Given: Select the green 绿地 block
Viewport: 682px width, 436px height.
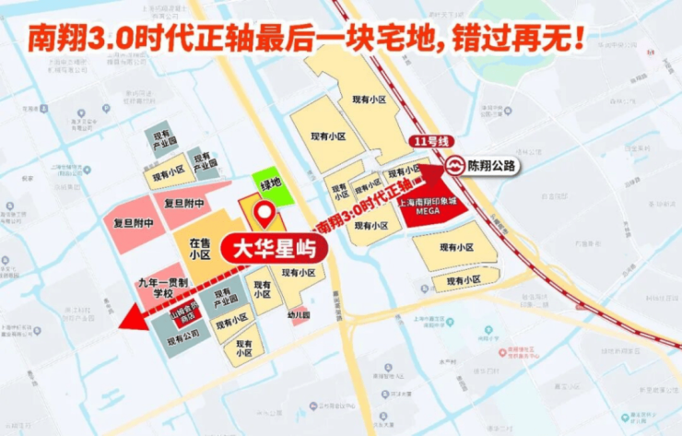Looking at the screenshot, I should click(x=272, y=184).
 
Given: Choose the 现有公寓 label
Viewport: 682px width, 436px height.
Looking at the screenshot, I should click(x=182, y=339).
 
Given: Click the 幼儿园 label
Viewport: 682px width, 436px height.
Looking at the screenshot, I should click(x=298, y=313).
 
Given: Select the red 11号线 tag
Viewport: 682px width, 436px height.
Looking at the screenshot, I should click(x=428, y=142).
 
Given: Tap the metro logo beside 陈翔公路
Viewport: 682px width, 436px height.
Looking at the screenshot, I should click(x=454, y=166).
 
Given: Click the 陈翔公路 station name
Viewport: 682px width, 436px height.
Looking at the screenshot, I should click(x=491, y=166).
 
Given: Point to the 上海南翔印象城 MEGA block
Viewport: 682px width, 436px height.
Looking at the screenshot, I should click(x=429, y=203).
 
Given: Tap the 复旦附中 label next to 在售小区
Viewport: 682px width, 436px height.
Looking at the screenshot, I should click(x=184, y=203).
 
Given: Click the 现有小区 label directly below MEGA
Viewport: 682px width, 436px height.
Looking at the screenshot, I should click(x=455, y=248).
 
